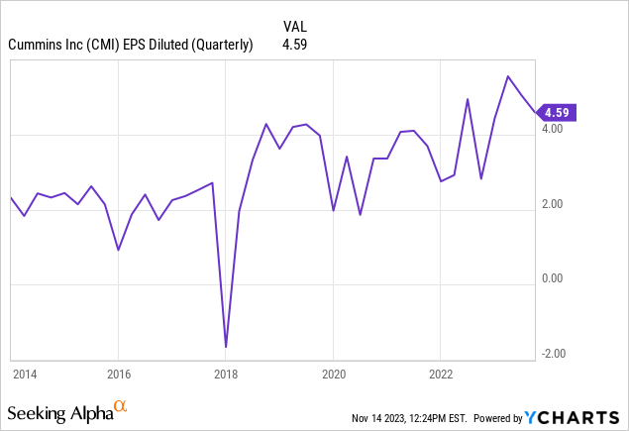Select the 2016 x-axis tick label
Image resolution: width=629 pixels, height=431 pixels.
[118, 375]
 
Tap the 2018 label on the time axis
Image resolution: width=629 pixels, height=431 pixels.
[226, 375]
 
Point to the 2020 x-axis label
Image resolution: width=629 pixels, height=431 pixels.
[333, 375]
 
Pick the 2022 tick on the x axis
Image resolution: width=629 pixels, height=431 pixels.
[441, 375]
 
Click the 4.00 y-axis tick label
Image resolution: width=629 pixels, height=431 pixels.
[553, 129]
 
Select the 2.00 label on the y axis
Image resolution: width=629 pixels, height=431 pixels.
[553, 204]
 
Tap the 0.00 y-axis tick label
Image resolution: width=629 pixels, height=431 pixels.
[553, 278]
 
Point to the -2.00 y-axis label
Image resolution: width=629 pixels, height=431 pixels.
[551, 354]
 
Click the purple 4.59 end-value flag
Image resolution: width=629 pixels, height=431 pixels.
[559, 112]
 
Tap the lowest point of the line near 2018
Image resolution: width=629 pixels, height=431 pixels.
[226, 347]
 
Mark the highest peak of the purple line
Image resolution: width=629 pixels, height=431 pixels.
[508, 76]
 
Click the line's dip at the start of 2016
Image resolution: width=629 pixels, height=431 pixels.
[118, 250]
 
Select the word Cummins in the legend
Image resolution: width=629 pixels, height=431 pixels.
[35, 45]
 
